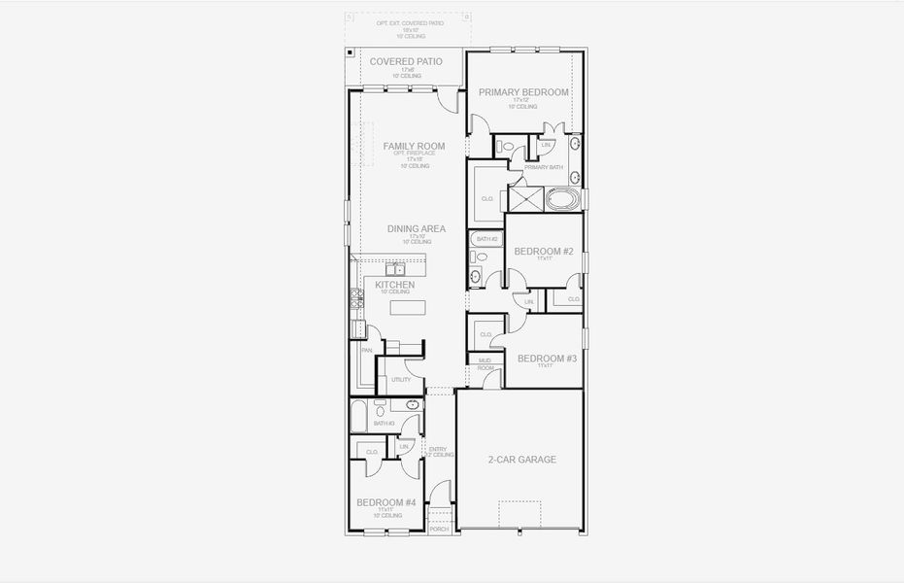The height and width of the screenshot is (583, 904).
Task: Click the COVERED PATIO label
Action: tap(406, 61)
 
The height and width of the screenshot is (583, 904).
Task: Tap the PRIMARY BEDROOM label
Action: tap(523, 92)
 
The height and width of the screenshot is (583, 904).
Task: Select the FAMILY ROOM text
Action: tap(414, 146)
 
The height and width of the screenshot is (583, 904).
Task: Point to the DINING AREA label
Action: tap(416, 228)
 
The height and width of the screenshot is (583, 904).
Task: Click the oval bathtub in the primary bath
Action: tap(562, 200)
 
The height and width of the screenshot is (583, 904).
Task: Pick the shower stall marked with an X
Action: tap(526, 199)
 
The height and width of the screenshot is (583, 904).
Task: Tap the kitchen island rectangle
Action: tap(409, 307)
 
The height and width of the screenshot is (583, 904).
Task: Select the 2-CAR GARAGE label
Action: tap(521, 460)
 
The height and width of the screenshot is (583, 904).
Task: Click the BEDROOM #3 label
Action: tap(547, 359)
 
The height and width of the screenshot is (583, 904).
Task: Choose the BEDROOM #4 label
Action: tap(385, 502)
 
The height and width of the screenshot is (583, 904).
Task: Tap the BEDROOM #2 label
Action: tap(544, 252)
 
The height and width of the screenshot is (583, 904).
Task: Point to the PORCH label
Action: tap(440, 529)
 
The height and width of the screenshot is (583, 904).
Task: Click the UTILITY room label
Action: tap(400, 380)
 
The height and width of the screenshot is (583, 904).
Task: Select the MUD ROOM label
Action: tap(485, 364)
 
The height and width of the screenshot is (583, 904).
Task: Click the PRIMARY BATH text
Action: tap(543, 167)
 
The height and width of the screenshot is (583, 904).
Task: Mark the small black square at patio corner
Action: tap(349, 52)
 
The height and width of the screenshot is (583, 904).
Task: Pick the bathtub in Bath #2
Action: tap(485, 238)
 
